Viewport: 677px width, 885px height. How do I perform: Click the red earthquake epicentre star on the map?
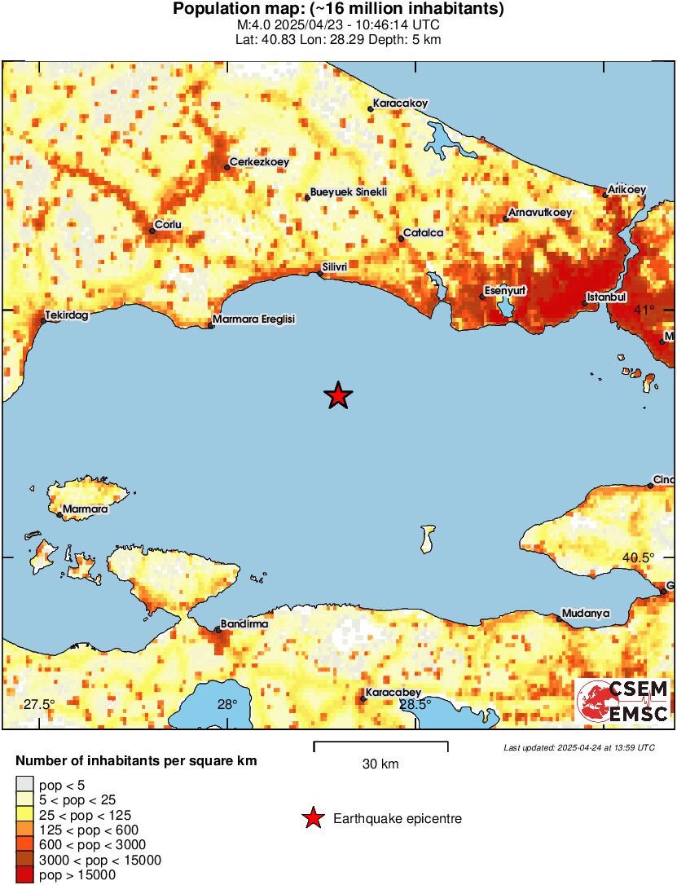[x=338, y=396]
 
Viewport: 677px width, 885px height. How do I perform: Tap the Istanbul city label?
[x=606, y=297]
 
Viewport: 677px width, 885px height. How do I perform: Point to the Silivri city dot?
[x=319, y=274]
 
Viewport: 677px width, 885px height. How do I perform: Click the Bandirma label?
[x=245, y=623]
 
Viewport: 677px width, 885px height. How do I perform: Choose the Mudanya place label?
[x=586, y=613]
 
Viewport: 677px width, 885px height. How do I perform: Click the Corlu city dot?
[x=152, y=231]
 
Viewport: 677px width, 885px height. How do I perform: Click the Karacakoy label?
[x=400, y=103]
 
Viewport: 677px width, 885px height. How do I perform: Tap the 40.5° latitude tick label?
[x=639, y=557]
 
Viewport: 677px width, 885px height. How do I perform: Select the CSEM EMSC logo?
[x=622, y=701]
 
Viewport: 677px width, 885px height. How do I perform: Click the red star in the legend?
[x=313, y=818]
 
